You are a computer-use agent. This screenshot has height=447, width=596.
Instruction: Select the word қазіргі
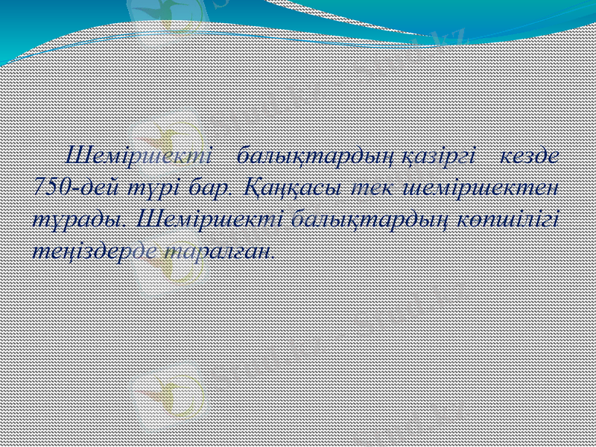coord(438,157)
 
